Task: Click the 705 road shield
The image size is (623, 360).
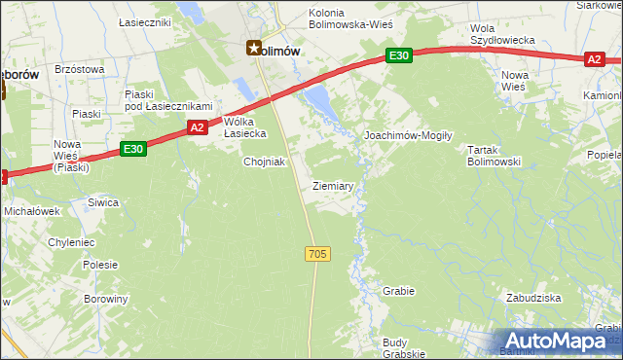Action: click(x=317, y=254)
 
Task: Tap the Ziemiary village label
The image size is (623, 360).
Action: click(x=333, y=185)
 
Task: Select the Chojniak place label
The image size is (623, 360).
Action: click(x=264, y=162)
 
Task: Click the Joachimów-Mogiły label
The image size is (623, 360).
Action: click(x=407, y=136)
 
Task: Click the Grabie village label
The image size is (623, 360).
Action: click(x=399, y=291)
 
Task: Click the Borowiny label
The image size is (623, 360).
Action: click(x=106, y=299)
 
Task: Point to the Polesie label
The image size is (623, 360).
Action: click(x=100, y=264)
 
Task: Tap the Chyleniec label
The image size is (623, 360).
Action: click(x=71, y=241)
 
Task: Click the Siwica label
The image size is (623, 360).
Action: click(x=103, y=202)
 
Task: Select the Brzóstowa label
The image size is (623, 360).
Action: click(x=80, y=69)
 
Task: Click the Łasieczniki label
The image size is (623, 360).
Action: click(x=144, y=21)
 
